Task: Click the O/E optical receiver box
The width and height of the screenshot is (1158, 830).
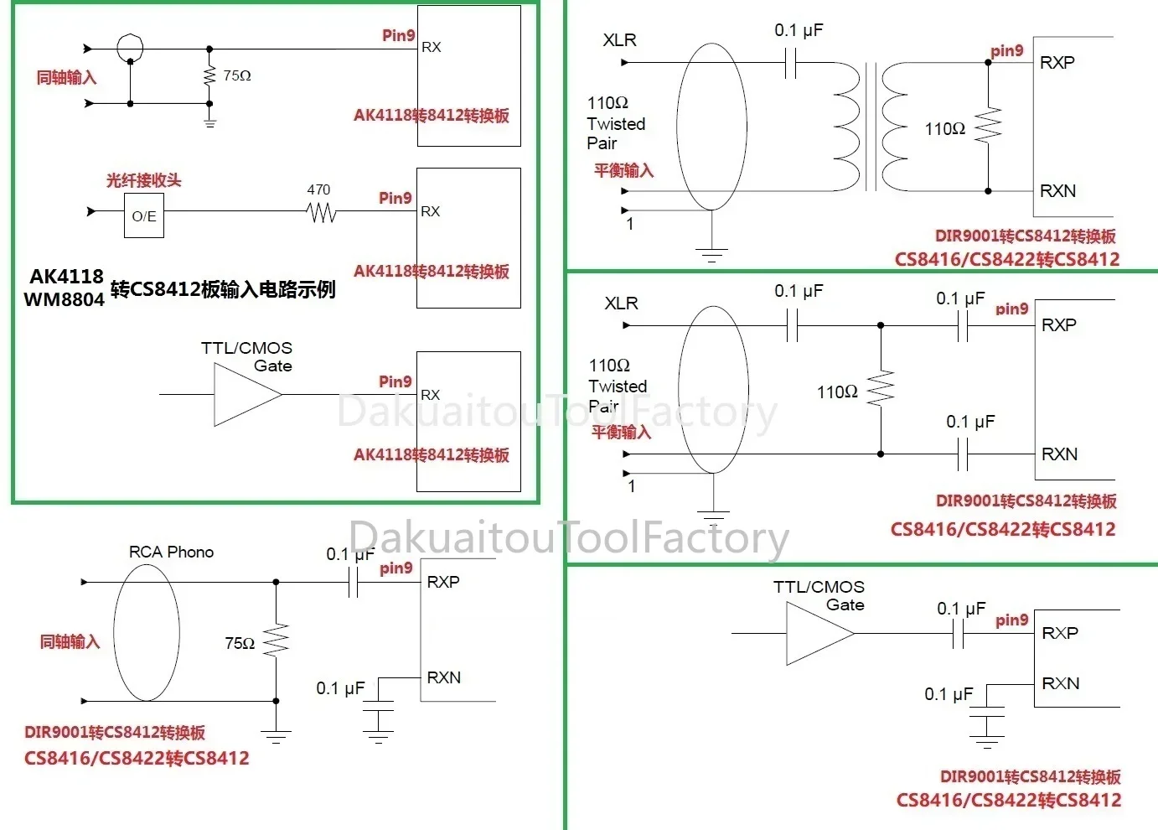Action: (x=144, y=215)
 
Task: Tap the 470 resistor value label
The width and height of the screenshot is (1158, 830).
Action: (x=318, y=190)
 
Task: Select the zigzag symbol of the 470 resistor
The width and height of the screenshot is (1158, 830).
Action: (x=322, y=214)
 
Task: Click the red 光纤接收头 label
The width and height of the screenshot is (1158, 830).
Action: (x=143, y=180)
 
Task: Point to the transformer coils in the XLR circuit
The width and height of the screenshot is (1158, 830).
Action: (x=871, y=127)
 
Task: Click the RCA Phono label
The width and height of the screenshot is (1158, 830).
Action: (x=171, y=552)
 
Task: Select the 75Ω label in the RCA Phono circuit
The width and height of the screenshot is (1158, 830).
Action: (x=239, y=643)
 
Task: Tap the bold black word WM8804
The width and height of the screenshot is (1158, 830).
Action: (x=64, y=299)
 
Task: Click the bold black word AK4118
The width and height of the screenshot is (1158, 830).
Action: (x=66, y=277)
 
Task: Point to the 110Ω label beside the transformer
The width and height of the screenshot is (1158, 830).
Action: (x=944, y=128)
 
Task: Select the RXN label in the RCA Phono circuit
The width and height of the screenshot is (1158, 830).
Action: (x=443, y=677)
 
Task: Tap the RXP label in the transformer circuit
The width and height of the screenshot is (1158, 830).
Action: (x=1057, y=63)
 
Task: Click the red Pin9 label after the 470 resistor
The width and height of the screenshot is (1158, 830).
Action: (x=395, y=198)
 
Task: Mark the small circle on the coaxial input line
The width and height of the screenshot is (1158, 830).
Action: (x=130, y=47)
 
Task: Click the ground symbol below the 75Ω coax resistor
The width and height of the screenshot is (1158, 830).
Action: (x=209, y=122)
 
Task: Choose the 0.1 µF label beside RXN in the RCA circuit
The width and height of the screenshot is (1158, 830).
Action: (x=339, y=688)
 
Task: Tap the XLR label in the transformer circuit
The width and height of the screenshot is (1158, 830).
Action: (x=619, y=40)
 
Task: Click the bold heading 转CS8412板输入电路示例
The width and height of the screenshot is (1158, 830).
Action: (x=223, y=289)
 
